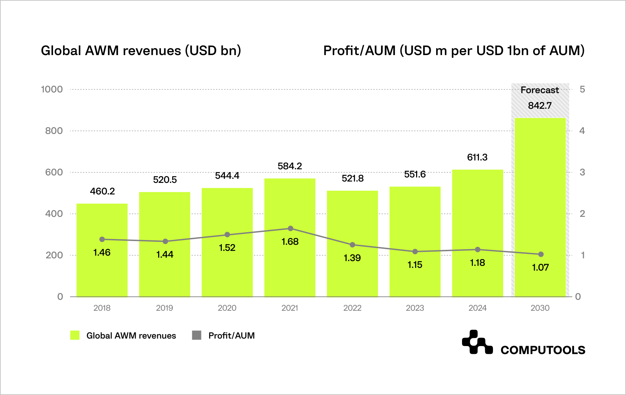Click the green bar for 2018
click(x=102, y=272)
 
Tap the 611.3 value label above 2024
click(x=477, y=157)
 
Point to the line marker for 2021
click(x=291, y=228)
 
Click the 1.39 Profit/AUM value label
click(x=352, y=258)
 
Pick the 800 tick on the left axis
click(x=54, y=131)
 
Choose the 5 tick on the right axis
click(x=582, y=89)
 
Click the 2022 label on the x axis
click(x=352, y=308)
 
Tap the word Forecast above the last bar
click(x=540, y=90)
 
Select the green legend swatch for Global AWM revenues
click(x=75, y=335)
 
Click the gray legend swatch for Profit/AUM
click(x=197, y=335)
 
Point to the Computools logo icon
click(x=477, y=342)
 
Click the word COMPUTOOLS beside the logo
click(x=543, y=350)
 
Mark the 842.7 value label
click(x=540, y=106)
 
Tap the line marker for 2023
click(x=415, y=252)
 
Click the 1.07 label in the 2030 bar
click(x=540, y=268)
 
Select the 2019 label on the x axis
click(x=164, y=308)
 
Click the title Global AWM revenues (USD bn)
click(x=141, y=51)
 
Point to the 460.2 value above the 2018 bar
click(x=102, y=191)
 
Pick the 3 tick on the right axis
click(x=582, y=172)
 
